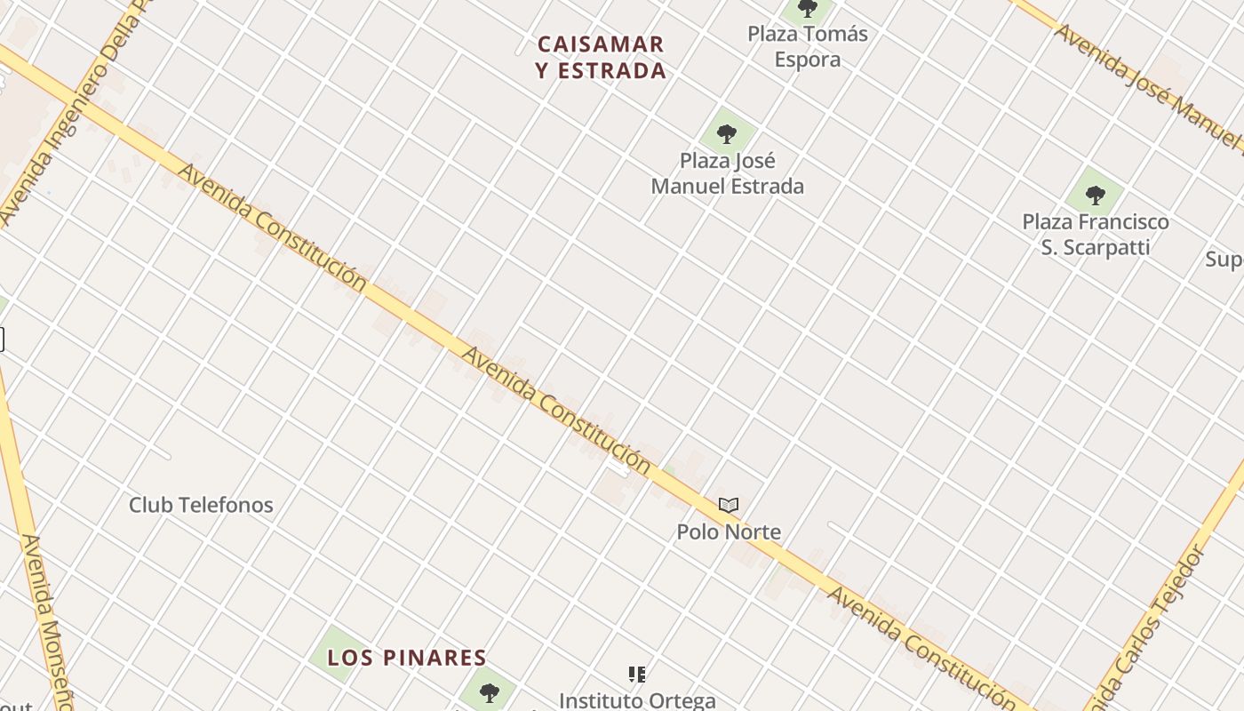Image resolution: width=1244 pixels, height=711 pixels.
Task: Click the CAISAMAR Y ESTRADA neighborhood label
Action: click(x=602, y=57)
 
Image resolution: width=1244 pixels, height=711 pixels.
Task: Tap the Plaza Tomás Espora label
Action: click(x=807, y=46)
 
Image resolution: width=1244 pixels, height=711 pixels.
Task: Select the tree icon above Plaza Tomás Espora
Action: click(x=807, y=9)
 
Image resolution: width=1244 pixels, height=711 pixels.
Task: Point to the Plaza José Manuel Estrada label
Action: click(x=727, y=173)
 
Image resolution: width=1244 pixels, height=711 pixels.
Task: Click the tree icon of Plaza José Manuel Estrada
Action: click(x=727, y=135)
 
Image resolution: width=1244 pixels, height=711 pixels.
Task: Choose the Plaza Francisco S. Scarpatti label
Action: click(x=1096, y=234)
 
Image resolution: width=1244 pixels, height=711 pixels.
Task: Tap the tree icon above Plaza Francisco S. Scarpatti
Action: click(x=1096, y=195)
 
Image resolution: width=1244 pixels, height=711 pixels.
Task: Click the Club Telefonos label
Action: click(x=201, y=505)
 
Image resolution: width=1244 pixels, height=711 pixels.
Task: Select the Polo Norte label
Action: click(x=729, y=532)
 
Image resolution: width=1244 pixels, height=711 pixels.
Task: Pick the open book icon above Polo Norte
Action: click(x=729, y=506)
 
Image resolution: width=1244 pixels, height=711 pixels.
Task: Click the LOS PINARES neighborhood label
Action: click(x=407, y=658)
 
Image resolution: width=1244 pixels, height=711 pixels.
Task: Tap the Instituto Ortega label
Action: click(x=637, y=700)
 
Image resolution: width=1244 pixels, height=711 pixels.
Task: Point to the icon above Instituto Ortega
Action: click(x=637, y=675)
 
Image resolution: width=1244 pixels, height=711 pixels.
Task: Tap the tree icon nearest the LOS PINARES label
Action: click(x=489, y=692)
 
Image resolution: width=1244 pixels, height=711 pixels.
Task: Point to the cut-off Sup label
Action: click(x=1224, y=260)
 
